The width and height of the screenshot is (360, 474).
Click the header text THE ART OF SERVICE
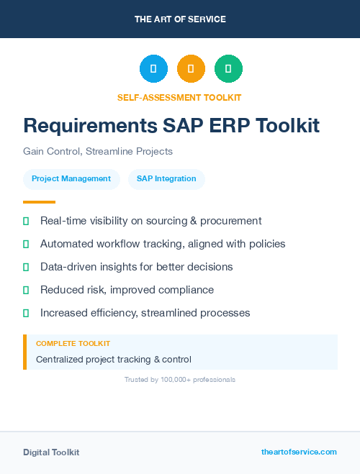[180, 19]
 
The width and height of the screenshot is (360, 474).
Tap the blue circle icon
[153, 68]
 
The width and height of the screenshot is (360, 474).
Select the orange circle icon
[191, 68]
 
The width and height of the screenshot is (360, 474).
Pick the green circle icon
[228, 68]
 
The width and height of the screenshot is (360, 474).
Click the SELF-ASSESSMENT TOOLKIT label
[179, 97]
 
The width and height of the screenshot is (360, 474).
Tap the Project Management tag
[71, 178]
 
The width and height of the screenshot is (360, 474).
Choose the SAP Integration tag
[166, 178]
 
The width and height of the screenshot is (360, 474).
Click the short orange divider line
[39, 202]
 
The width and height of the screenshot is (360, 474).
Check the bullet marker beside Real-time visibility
[26, 221]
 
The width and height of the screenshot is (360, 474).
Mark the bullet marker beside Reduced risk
[26, 290]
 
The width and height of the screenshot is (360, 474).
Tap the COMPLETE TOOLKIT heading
[73, 344]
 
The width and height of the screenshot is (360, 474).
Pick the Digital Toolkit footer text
[51, 452]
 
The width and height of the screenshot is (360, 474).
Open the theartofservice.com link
[299, 452]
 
